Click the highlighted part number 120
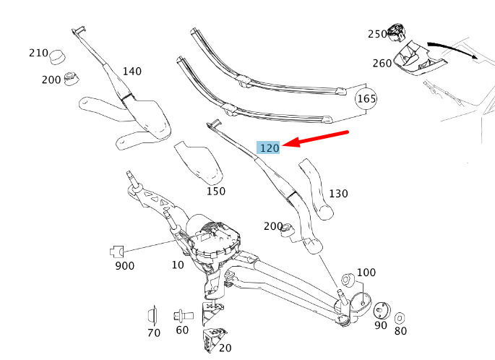point(270,147)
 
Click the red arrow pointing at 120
point(315,138)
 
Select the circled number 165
point(366,99)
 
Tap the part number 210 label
point(38,53)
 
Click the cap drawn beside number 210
point(58,57)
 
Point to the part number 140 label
point(132,72)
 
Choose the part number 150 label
point(216,191)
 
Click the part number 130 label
point(338,194)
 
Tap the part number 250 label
point(377,34)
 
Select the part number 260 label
point(382,63)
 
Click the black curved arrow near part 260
point(452,49)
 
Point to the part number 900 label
point(125,266)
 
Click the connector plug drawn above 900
point(117,252)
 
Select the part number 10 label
point(178,265)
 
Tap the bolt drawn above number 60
point(183,315)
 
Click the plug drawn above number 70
point(152,315)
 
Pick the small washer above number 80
point(400,318)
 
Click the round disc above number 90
point(382,311)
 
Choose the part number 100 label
point(366,273)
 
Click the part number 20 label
point(225,348)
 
